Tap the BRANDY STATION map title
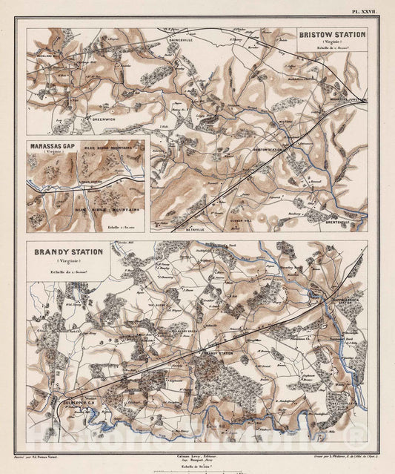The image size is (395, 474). click(68, 252)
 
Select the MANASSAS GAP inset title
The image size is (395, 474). click(54, 146)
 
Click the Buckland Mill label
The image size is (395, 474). click(47, 57)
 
